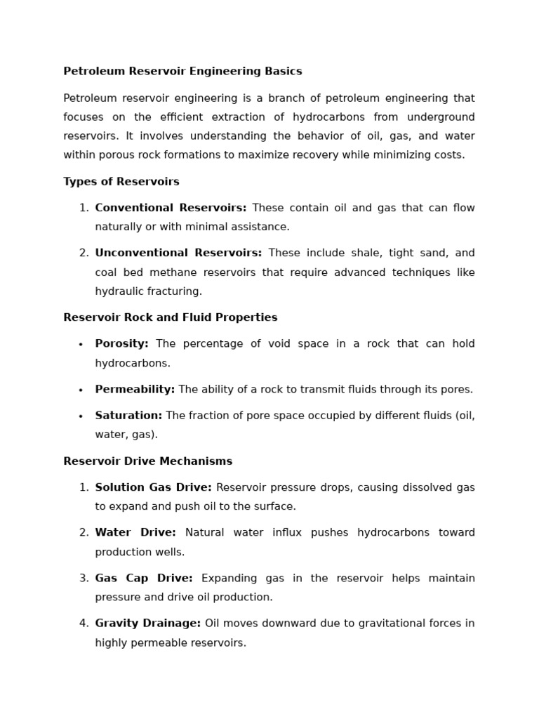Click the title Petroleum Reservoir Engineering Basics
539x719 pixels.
[182, 72]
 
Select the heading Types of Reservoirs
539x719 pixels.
[121, 182]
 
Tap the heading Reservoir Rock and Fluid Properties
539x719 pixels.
[171, 318]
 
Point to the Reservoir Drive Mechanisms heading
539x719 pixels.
[147, 462]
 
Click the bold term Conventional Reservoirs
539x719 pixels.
[171, 208]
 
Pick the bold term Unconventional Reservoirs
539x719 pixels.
[178, 253]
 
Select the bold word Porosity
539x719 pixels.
[121, 344]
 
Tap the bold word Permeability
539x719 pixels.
[135, 390]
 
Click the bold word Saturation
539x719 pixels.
[128, 416]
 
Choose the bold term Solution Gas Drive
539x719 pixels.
[153, 488]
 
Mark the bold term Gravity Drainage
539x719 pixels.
[147, 624]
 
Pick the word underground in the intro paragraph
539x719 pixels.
[440, 117]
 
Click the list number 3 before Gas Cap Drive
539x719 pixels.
[84, 579]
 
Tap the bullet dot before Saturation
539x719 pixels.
[81, 416]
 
